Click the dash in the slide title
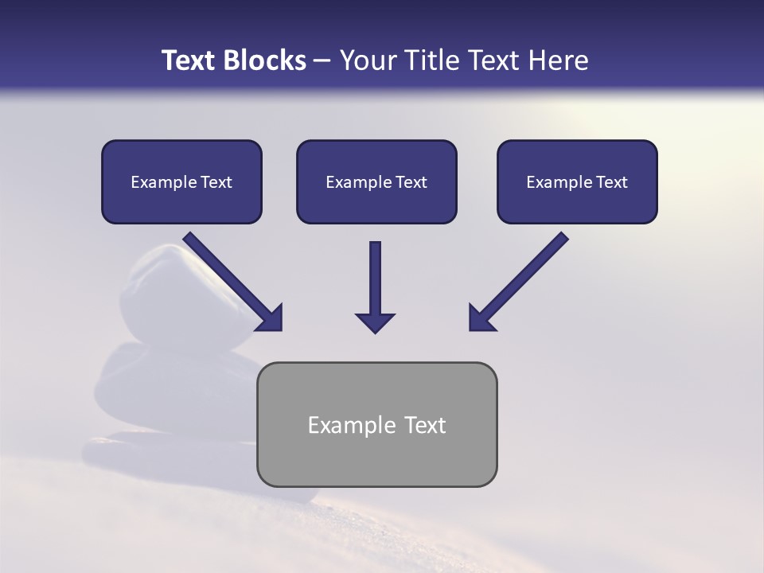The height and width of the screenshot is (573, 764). tap(322, 61)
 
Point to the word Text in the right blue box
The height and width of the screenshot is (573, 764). tap(611, 182)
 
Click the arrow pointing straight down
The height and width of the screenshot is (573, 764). tap(375, 286)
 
